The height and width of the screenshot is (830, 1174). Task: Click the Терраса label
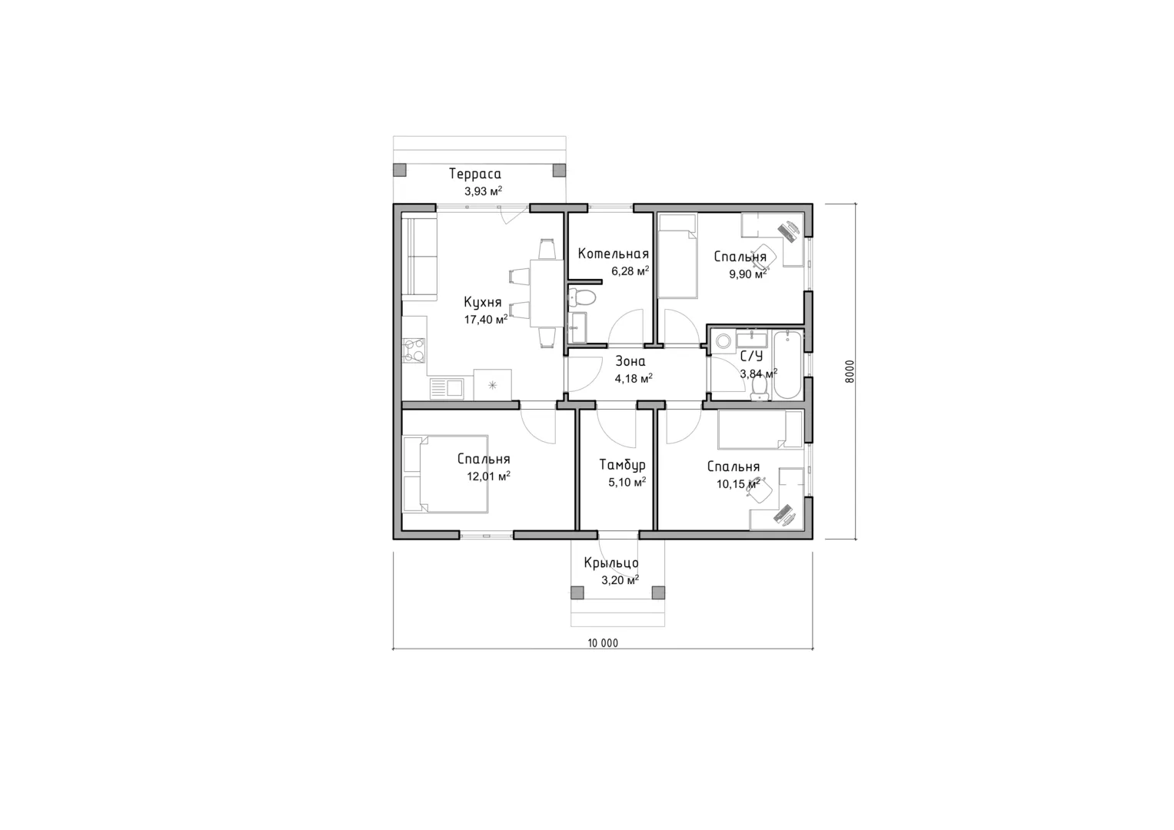pos(475,174)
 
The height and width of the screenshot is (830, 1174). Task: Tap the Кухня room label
pos(483,302)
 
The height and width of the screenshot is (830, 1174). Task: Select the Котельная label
pos(614,254)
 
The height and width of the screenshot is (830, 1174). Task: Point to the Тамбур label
pos(623,465)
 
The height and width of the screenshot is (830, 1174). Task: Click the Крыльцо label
pos(611,563)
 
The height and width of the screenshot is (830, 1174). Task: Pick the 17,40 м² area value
pos(486,320)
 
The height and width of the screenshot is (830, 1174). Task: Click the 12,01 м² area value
pos(488,476)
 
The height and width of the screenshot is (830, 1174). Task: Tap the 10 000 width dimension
pos(603,643)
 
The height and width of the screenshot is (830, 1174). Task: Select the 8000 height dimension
pos(850,371)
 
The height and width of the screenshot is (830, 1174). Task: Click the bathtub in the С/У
pos(788,365)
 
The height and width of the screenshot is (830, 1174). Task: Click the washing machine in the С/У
pos(723,341)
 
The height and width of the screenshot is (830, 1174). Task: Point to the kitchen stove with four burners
pos(414,351)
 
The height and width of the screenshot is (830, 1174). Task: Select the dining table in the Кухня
pos(547,293)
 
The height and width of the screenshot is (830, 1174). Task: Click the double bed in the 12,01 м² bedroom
pos(445,473)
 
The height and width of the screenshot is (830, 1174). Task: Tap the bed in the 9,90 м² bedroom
pos(677,256)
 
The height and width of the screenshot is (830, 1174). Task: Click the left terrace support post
pos(399,170)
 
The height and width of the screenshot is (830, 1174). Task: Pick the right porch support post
pos(658,593)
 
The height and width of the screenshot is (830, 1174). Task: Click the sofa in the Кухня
pos(419,260)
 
